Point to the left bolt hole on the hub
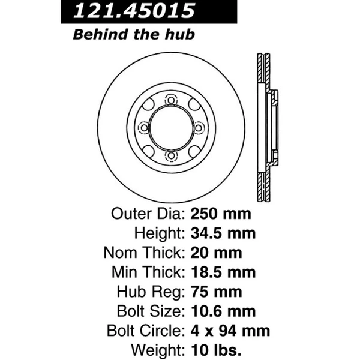[143, 128]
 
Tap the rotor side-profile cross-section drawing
[266, 128]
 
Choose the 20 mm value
[214, 253]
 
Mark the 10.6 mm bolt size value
[224, 310]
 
